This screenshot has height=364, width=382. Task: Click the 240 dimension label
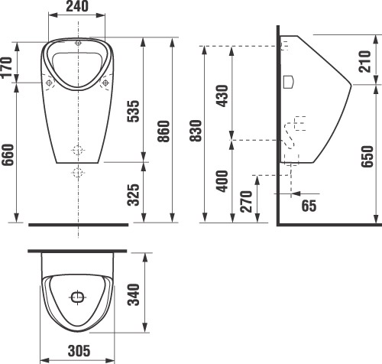click(x=77, y=6)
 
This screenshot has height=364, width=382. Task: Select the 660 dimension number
click(x=8, y=154)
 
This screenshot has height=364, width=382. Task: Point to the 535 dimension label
click(x=134, y=112)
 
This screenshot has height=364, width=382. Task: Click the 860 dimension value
click(x=163, y=132)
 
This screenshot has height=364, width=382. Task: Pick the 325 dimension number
click(x=134, y=195)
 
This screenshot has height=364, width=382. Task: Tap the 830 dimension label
click(x=196, y=131)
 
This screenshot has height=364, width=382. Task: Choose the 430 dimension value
click(x=222, y=96)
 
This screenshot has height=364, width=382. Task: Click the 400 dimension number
click(x=222, y=181)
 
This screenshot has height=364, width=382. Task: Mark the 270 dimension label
click(x=246, y=201)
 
